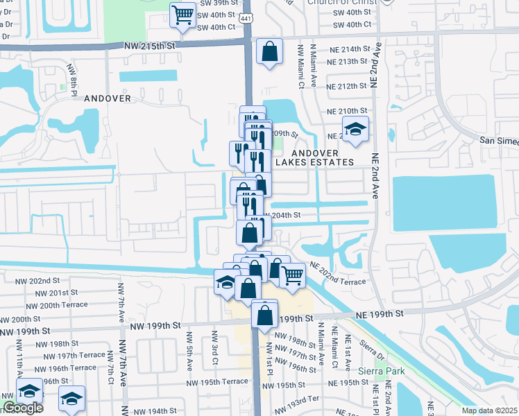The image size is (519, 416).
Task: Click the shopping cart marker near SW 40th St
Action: pos(182,14)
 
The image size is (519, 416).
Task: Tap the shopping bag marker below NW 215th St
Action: pos(269,52)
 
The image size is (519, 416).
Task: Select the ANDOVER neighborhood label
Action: pos(108,98)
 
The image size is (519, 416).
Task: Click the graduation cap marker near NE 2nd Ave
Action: pos(355,129)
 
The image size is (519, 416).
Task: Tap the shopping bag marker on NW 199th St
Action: pos(265,315)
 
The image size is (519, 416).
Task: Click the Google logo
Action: pos(23,408)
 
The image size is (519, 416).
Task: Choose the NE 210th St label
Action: pos(347,111)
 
